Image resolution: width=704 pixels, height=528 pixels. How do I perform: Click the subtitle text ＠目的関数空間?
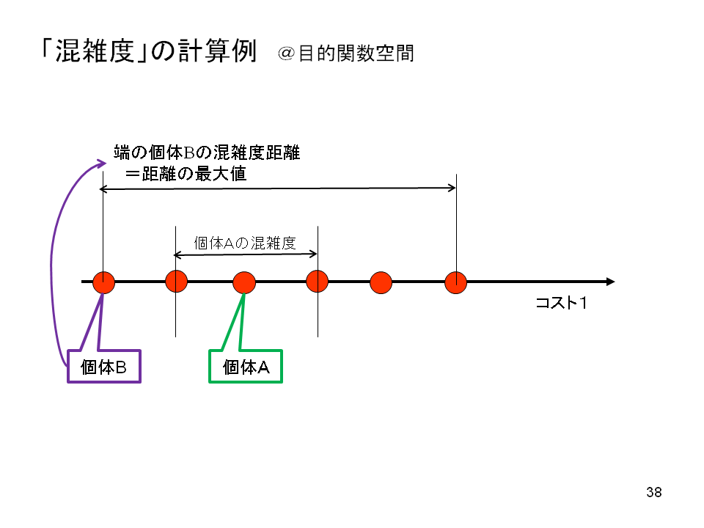tap(345, 54)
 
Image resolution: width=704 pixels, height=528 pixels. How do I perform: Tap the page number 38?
tap(654, 492)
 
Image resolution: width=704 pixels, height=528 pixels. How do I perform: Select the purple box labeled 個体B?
tap(103, 367)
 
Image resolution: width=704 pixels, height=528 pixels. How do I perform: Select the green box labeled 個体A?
tap(246, 367)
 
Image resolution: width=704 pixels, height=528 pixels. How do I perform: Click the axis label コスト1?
tap(562, 303)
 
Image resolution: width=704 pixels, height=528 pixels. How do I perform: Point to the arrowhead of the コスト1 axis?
tap(609, 282)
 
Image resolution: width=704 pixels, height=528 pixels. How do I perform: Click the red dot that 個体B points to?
tap(104, 282)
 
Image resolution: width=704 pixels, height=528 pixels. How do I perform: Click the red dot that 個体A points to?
tap(243, 282)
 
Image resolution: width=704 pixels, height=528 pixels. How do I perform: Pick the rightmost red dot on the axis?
tap(456, 282)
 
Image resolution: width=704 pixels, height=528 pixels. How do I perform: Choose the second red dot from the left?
tap(176, 281)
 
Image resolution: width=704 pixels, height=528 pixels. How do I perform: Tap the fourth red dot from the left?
tap(317, 281)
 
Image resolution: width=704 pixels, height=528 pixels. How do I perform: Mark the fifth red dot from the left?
tap(381, 282)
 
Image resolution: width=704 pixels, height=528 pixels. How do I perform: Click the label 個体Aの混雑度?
tap(245, 243)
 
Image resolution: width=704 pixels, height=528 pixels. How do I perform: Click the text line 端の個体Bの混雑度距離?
tap(207, 153)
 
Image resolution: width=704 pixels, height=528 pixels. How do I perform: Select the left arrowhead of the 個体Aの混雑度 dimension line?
tap(177, 254)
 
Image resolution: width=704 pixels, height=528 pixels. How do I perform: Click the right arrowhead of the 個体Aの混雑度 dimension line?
tap(314, 254)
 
